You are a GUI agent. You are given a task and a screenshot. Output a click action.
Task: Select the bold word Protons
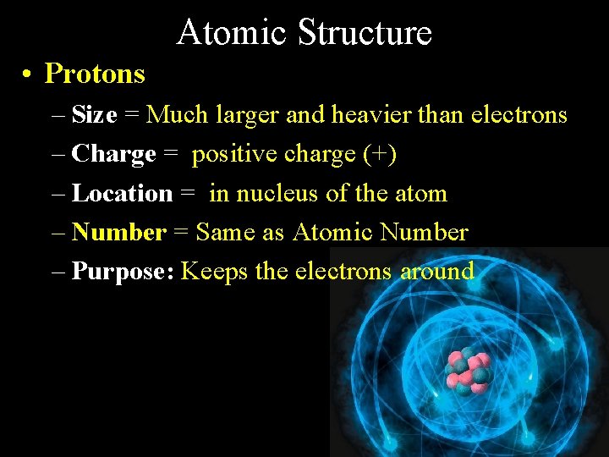[x=95, y=74]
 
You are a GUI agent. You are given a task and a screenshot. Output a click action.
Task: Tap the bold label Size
[x=94, y=114]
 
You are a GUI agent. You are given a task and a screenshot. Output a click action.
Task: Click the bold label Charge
[x=114, y=154]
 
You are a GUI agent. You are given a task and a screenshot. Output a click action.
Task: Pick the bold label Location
[x=123, y=193]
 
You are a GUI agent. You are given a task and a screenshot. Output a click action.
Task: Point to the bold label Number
[x=119, y=232]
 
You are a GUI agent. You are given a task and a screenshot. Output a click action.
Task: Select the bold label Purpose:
[x=123, y=272]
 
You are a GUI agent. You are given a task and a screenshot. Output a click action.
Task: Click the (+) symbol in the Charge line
[x=380, y=154]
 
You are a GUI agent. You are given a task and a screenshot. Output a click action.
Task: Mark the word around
[x=437, y=272]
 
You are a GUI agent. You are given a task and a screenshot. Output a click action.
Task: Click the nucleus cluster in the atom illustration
[x=468, y=370]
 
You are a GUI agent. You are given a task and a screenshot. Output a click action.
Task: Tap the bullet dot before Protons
[x=29, y=74]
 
